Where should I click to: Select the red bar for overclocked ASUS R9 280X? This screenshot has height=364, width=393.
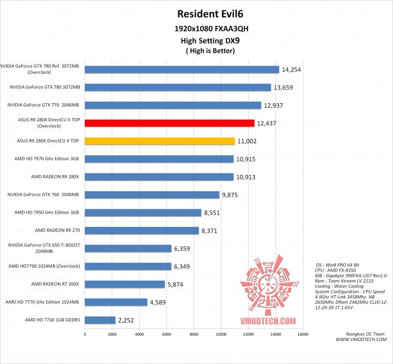coord(169,123)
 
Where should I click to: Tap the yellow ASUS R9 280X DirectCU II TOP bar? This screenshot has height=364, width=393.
coord(160,141)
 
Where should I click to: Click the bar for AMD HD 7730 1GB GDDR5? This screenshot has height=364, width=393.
coord(99,320)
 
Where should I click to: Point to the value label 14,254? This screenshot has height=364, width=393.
coord(291,69)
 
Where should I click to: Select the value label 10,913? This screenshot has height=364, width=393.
coord(245,177)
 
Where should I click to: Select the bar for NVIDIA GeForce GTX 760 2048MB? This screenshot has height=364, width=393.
coord(152,195)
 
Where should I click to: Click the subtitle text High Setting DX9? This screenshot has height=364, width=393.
coord(207,40)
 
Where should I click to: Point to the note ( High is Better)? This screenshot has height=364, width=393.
coord(207,51)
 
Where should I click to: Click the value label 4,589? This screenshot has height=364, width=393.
coord(159,302)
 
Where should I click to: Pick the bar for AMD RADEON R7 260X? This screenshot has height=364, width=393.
coord(125,284)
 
